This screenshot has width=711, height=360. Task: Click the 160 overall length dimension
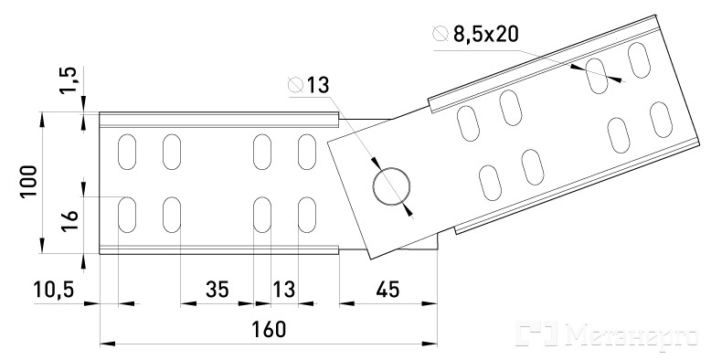tap(269, 330)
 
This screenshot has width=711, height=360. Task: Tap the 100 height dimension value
tap(28, 181)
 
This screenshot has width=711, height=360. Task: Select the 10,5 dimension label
tap(54, 290)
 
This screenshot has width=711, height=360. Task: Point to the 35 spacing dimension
tap(217, 290)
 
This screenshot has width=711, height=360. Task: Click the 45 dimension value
tap(388, 290)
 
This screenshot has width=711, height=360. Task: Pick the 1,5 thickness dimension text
tap(69, 80)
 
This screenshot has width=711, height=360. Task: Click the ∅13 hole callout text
tap(308, 85)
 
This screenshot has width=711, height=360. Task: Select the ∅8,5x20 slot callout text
tap(475, 34)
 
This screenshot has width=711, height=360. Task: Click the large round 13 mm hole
tap(392, 186)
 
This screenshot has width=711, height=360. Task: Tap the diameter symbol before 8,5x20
tap(440, 34)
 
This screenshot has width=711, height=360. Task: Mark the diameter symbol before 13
tap(296, 85)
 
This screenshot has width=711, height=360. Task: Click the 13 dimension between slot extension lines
tap(284, 290)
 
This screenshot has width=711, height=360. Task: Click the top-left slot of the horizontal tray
tap(127, 152)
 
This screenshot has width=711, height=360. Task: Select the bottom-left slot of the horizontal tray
tap(127, 215)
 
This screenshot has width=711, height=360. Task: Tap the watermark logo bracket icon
tap(536, 333)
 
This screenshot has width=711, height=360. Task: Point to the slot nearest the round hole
tap(490, 183)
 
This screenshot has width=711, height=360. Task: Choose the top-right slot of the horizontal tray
tap(307, 152)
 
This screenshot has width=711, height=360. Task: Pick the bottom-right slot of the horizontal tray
tap(307, 215)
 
